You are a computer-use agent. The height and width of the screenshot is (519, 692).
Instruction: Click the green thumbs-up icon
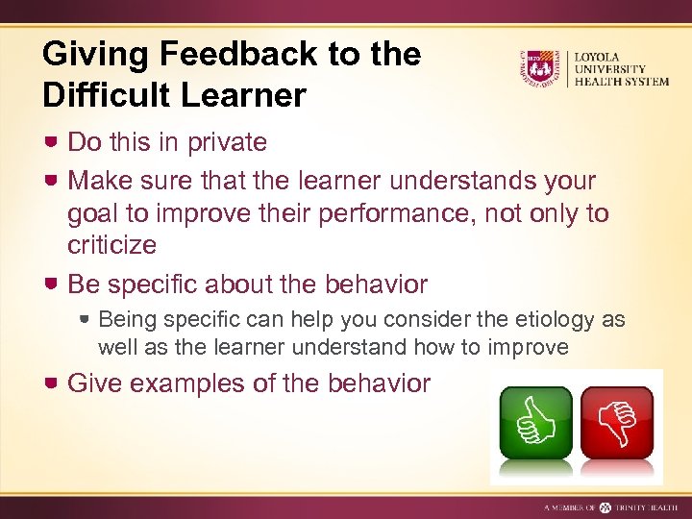(534, 422)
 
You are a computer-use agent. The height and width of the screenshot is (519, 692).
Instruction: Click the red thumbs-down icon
(617, 422)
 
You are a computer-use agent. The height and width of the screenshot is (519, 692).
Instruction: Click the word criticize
(111, 245)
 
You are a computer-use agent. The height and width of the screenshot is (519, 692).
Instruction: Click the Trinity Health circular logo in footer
(605, 507)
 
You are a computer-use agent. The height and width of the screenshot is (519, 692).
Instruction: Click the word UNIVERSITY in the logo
(610, 68)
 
